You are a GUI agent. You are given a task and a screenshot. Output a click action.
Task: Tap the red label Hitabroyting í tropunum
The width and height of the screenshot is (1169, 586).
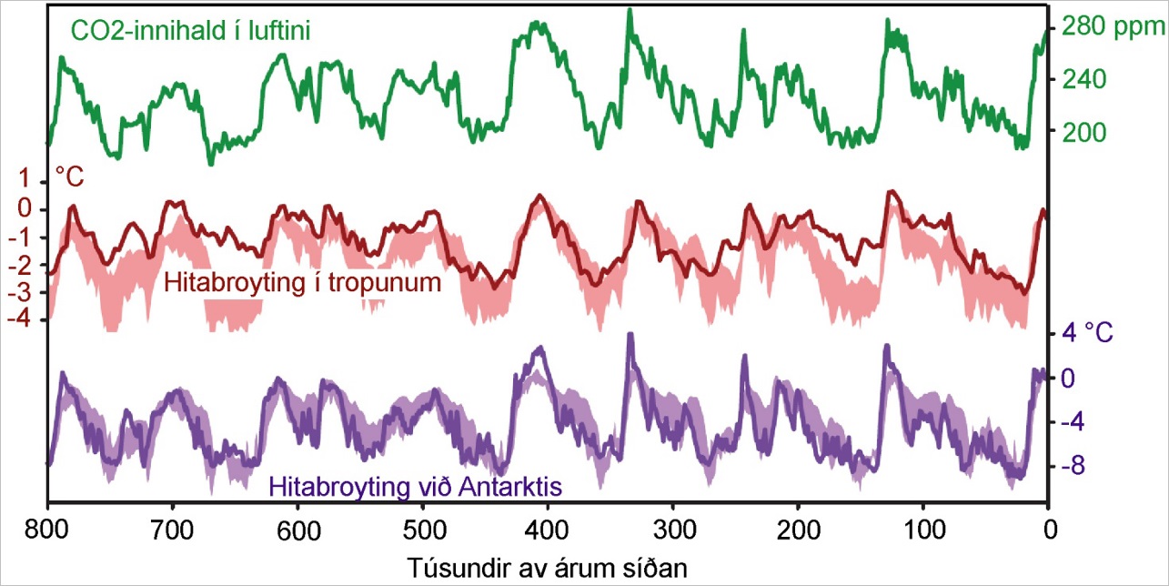303,282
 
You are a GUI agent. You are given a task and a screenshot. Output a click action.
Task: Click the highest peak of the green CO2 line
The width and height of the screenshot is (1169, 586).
629,11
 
